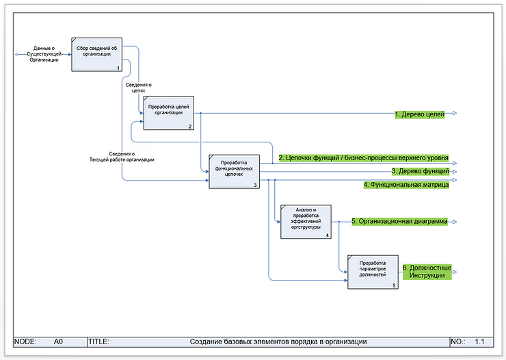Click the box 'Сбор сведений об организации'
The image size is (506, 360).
[96, 54]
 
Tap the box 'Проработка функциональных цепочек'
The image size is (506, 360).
[235, 171]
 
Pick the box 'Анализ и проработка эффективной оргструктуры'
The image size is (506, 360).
[306, 221]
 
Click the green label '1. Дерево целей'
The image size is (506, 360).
[420, 114]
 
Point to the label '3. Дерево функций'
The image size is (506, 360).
[420, 171]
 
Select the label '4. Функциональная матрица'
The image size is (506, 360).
[406, 185]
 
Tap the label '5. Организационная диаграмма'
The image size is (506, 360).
[399, 222]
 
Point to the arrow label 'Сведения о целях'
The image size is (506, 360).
[138, 87]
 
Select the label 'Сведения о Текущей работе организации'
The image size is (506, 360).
[122, 157]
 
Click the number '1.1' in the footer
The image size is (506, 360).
[479, 341]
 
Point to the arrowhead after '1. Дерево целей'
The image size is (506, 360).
[455, 114]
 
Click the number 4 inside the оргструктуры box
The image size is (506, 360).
[328, 235]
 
